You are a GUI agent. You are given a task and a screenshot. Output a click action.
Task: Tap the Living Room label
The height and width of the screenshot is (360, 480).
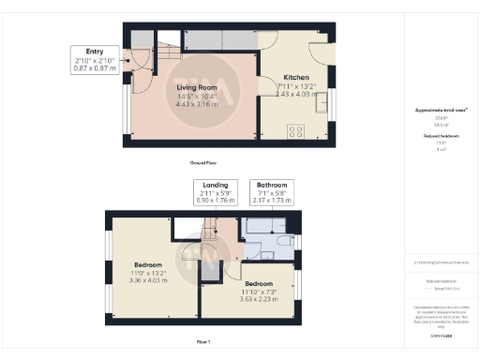pyautogui.click(x=197, y=88)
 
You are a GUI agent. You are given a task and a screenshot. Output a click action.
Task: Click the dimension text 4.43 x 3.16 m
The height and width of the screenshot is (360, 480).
pyautogui.click(x=197, y=105)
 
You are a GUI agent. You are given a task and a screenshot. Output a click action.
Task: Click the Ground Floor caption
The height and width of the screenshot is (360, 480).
pyautogui.click(x=204, y=162)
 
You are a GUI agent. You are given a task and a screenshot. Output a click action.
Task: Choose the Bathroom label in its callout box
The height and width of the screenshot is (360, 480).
pyautogui.click(x=272, y=186)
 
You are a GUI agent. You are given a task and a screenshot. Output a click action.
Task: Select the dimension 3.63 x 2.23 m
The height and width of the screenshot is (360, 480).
pyautogui.click(x=259, y=299)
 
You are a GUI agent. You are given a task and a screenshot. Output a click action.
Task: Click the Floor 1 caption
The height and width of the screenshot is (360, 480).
pyautogui.click(x=204, y=342)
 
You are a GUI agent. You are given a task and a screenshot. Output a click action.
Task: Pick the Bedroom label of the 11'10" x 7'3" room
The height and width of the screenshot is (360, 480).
pyautogui.click(x=259, y=284)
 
